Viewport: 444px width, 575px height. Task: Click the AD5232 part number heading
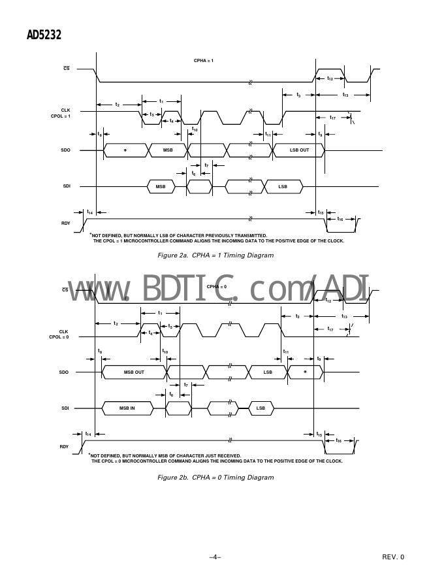tap(44, 35)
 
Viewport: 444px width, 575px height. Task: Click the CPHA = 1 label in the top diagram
tap(204, 60)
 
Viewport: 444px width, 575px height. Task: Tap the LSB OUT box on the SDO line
tap(299, 150)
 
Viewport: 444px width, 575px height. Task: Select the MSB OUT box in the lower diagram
tap(134, 372)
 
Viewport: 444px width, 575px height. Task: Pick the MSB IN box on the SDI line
tap(127, 408)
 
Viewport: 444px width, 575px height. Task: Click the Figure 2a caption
tap(215, 255)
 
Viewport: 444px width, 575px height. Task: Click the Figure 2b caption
tap(215, 478)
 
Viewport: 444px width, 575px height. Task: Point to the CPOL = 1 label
tap(61, 116)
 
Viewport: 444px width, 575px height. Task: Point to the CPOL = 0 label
tap(59, 337)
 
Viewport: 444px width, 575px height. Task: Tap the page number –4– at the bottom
tap(215, 557)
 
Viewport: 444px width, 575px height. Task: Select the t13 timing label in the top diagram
tap(345, 95)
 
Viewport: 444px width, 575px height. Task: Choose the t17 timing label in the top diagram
tap(332, 118)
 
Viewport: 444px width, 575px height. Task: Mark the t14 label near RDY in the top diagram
tap(89, 212)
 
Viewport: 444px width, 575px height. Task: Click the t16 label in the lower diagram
tap(338, 441)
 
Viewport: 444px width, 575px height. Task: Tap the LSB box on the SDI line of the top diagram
tap(283, 187)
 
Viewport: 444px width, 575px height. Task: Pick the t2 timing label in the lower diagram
tap(116, 323)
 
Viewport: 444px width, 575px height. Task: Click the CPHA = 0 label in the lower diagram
tap(217, 287)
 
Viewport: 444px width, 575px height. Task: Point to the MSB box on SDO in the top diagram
tap(168, 150)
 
